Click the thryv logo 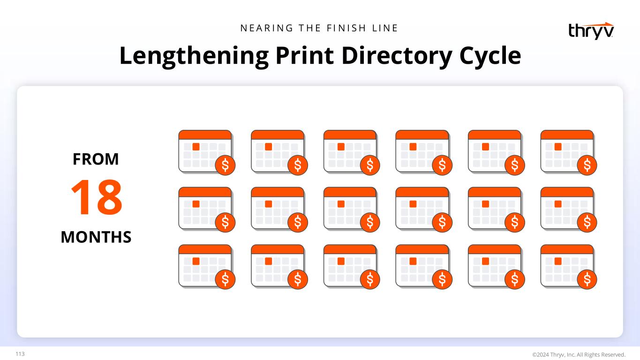coord(591,31)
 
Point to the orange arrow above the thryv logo coord(599,25)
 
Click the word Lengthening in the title coord(194,56)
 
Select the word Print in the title coord(305,55)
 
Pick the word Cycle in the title coord(490,56)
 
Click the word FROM coord(96,159)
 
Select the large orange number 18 coord(97,197)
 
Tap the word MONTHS coord(96,237)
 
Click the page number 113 coord(20,354)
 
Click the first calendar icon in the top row coord(207,152)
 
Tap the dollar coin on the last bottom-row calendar coord(587,279)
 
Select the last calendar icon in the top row coord(569,152)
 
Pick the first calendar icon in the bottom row coord(207,267)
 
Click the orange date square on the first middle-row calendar coord(196,204)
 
